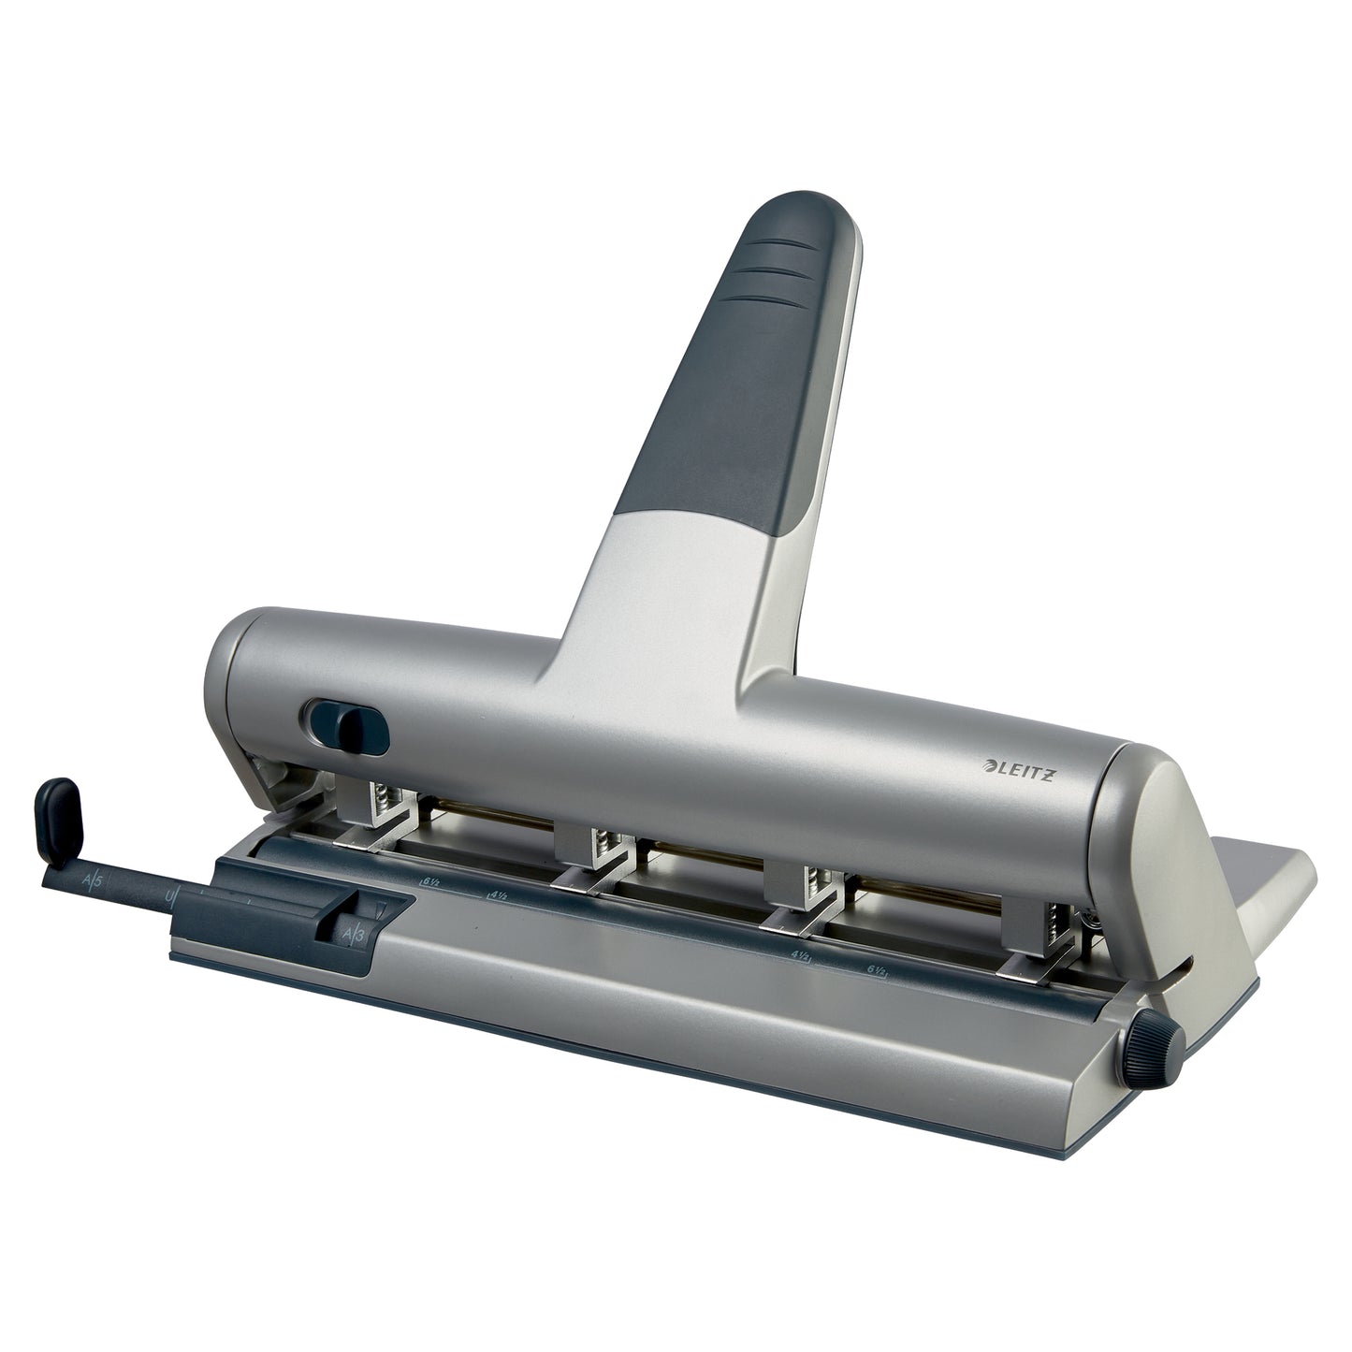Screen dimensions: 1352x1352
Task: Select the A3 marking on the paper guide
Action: [354, 934]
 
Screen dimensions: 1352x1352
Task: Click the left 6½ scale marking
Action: [429, 880]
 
